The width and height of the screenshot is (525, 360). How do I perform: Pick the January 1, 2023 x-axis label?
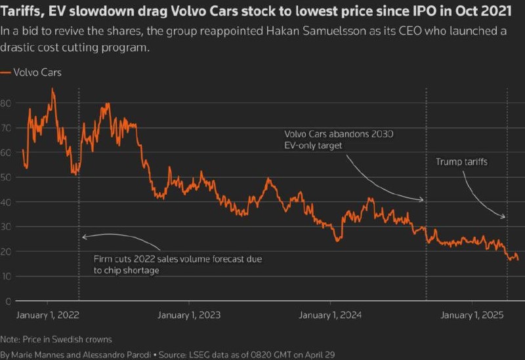pyautogui.click(x=188, y=315)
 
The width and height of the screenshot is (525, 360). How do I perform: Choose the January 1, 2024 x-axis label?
pyautogui.click(x=330, y=315)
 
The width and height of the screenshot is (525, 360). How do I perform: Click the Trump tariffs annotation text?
pyautogui.click(x=462, y=161)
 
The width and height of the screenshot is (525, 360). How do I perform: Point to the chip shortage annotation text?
pyautogui.click(x=177, y=264)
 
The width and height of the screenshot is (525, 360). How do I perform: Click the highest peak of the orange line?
pyautogui.click(x=53, y=89)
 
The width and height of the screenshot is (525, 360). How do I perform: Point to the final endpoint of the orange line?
pyautogui.click(x=518, y=260)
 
